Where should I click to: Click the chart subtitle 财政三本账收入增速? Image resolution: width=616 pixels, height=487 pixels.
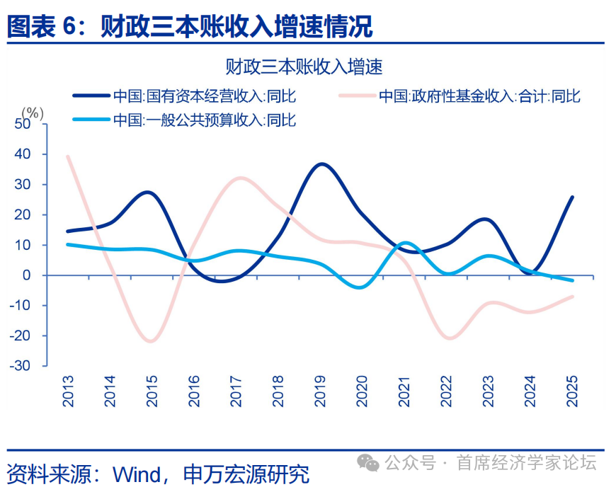[304, 67]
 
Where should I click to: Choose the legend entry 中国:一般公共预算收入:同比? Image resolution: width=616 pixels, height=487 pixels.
[205, 120]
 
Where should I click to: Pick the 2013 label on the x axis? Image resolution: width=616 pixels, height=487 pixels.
[69, 390]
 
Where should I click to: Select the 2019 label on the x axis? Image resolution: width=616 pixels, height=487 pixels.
[320, 390]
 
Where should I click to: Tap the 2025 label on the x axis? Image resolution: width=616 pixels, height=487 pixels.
[572, 390]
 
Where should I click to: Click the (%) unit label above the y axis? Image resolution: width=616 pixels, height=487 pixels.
[32, 113]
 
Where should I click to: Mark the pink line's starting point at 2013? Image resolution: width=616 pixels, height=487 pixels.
[68, 156]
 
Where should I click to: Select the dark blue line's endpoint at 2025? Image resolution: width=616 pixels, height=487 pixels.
[572, 197]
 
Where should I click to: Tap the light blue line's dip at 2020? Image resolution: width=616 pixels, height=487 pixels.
[361, 287]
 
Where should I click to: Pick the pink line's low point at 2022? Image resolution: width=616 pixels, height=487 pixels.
[448, 338]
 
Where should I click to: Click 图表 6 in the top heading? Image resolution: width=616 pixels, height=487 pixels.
[40, 27]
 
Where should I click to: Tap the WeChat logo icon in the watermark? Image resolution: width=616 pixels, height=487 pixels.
[368, 464]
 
